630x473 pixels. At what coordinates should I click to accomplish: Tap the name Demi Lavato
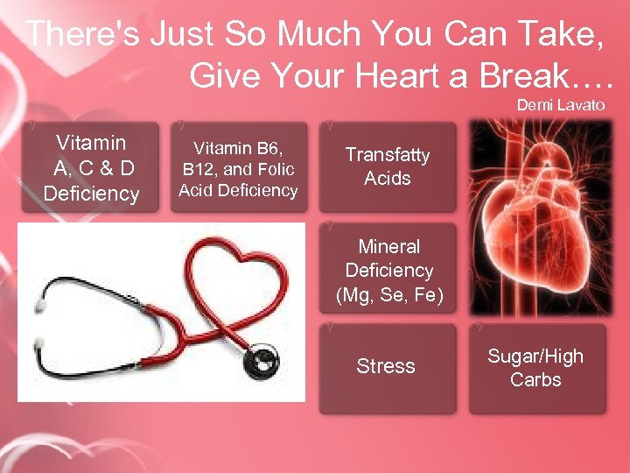pyautogui.click(x=561, y=104)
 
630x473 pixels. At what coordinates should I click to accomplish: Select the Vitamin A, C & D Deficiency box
pyautogui.click(x=91, y=167)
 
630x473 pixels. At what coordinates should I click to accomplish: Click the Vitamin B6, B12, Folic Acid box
pyautogui.click(x=238, y=167)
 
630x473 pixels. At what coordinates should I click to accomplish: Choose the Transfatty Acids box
pyautogui.click(x=388, y=166)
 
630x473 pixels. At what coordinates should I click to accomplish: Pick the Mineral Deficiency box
pyautogui.click(x=388, y=271)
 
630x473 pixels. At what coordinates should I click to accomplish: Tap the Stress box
pyautogui.click(x=386, y=366)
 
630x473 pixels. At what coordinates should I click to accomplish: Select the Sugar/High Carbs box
pyautogui.click(x=535, y=368)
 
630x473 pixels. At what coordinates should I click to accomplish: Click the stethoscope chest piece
pyautogui.click(x=260, y=358)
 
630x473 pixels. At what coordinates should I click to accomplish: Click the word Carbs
pyautogui.click(x=535, y=380)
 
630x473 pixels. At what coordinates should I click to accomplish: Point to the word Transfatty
pyautogui.click(x=388, y=155)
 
